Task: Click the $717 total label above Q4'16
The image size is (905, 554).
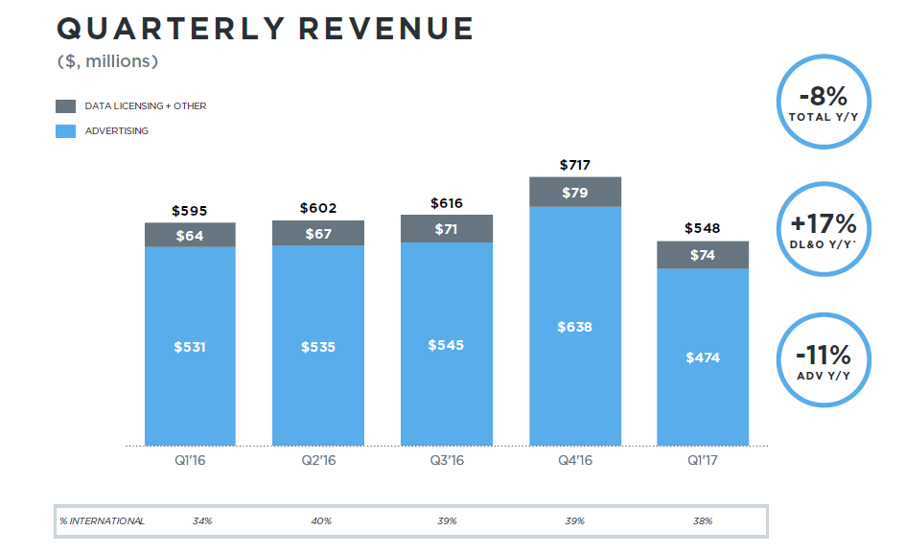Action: pyautogui.click(x=575, y=166)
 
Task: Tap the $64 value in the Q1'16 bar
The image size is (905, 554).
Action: pyautogui.click(x=190, y=235)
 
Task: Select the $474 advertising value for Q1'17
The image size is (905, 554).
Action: pyautogui.click(x=703, y=358)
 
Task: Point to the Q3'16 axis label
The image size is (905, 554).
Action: pyautogui.click(x=447, y=461)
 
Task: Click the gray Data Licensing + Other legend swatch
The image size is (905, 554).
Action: pyautogui.click(x=65, y=105)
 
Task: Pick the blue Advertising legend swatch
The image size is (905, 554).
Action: pyautogui.click(x=65, y=130)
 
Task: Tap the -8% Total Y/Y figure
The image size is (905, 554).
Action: pyautogui.click(x=824, y=97)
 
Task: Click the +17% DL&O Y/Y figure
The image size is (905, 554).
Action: pyautogui.click(x=824, y=224)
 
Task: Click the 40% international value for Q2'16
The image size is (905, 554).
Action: pyautogui.click(x=321, y=521)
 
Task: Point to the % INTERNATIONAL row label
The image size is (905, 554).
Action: pyautogui.click(x=102, y=521)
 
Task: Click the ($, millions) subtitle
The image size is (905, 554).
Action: pyautogui.click(x=107, y=62)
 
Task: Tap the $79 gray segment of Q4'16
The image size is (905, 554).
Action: pyautogui.click(x=575, y=193)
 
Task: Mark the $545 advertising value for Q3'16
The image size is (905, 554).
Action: pyautogui.click(x=447, y=344)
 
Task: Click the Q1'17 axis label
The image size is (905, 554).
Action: pyautogui.click(x=703, y=461)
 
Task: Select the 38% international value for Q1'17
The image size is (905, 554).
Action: pyautogui.click(x=703, y=521)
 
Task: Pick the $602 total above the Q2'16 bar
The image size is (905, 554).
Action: pyautogui.click(x=318, y=208)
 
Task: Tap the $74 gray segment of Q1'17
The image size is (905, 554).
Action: pyautogui.click(x=703, y=255)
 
